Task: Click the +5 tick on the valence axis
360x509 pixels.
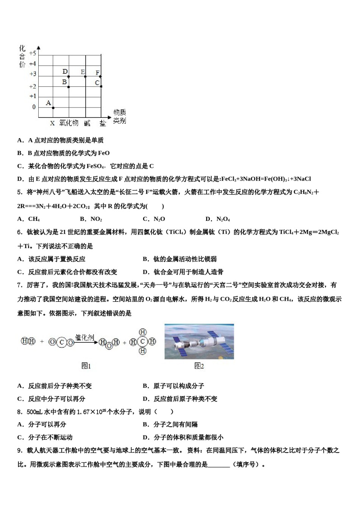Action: pyautogui.click(x=33, y=53)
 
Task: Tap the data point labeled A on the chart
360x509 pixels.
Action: pyautogui.click(x=53, y=107)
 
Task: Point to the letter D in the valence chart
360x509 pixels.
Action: pyautogui.click(x=65, y=72)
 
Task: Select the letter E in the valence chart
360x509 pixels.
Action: pyautogui.click(x=83, y=72)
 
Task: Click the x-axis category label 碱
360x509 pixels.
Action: pyautogui.click(x=87, y=123)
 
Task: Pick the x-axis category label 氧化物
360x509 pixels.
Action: pyautogui.click(x=69, y=123)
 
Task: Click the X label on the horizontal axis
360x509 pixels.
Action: pyautogui.click(x=52, y=123)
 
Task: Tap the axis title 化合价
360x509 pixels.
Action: pyautogui.click(x=22, y=56)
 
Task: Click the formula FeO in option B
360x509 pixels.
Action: pyautogui.click(x=103, y=153)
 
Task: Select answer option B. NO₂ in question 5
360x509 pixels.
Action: pyautogui.click(x=91, y=219)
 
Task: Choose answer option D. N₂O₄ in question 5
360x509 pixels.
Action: pyautogui.click(x=218, y=219)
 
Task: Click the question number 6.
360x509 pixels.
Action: pyautogui.click(x=20, y=232)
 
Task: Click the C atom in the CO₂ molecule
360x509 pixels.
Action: pyautogui.click(x=62, y=343)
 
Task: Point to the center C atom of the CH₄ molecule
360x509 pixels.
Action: pyautogui.click(x=142, y=342)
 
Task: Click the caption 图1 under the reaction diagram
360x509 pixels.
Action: pyautogui.click(x=86, y=366)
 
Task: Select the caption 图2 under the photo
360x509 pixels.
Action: pyautogui.click(x=199, y=366)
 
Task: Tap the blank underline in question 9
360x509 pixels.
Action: pyautogui.click(x=219, y=464)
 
